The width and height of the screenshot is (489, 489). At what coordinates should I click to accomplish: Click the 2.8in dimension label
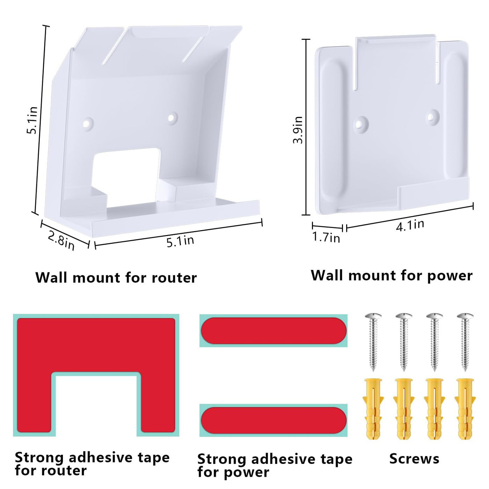click(61, 240)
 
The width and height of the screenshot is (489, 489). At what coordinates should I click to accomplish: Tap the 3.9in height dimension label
click(298, 130)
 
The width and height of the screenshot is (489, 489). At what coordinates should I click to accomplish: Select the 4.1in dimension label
click(410, 226)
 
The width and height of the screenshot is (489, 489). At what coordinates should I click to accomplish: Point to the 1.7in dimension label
click(326, 237)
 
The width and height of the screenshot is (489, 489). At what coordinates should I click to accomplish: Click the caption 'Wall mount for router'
click(116, 278)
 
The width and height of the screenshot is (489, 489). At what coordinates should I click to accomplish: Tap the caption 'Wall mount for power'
click(392, 276)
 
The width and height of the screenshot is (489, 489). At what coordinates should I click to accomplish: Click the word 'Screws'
click(414, 459)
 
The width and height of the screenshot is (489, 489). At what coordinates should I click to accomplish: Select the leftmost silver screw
click(373, 341)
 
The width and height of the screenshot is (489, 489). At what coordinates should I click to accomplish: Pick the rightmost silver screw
click(465, 341)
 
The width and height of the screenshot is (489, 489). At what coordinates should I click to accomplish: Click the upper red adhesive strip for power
click(273, 330)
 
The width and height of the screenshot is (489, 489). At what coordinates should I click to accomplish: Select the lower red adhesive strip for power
click(273, 420)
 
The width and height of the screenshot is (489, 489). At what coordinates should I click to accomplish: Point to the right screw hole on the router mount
click(172, 118)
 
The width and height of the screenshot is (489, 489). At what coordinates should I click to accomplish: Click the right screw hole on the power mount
click(433, 116)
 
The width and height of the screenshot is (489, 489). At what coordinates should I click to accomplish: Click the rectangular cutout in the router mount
click(127, 175)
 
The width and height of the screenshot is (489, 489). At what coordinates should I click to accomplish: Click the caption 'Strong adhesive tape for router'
click(92, 464)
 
